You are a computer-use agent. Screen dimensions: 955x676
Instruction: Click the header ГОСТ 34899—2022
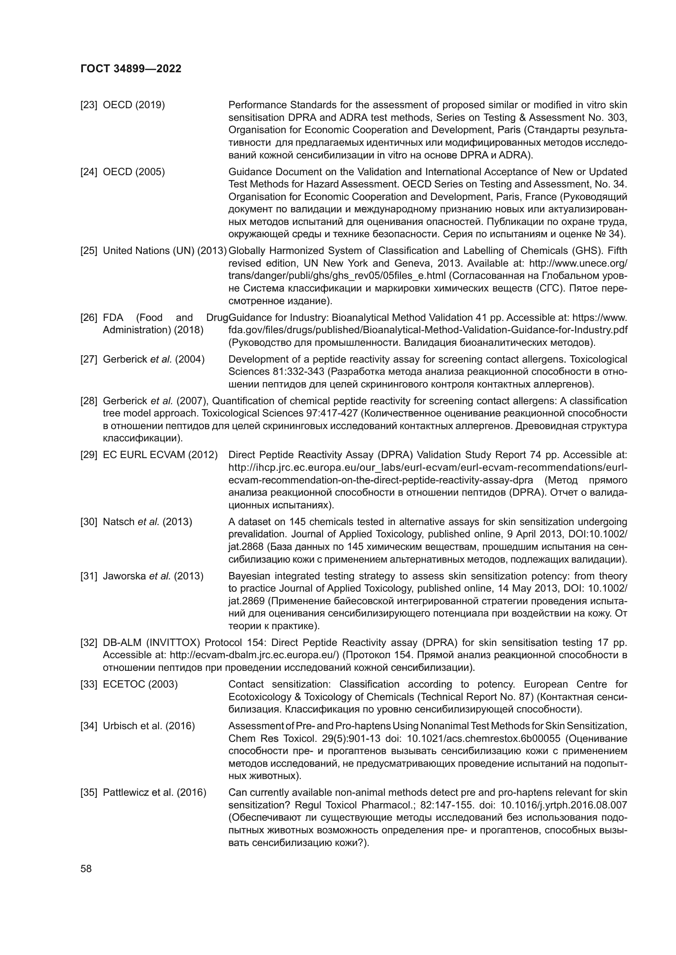pyautogui.click(x=131, y=69)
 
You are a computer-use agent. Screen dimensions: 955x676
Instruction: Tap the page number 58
pyautogui.click(x=86, y=869)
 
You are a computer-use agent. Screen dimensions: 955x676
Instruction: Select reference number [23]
pyautogui.click(x=89, y=105)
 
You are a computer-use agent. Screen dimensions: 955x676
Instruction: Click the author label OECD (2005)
pyautogui.click(x=134, y=172)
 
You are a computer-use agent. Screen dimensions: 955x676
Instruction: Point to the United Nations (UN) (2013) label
pyautogui.click(x=164, y=251)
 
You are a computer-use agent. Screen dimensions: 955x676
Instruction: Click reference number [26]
pyautogui.click(x=89, y=318)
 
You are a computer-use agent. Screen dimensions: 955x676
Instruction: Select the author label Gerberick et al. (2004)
pyautogui.click(x=154, y=359)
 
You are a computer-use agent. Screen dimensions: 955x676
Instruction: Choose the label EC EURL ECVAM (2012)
pyautogui.click(x=160, y=454)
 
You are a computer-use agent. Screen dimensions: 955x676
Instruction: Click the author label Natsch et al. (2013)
pyautogui.click(x=148, y=521)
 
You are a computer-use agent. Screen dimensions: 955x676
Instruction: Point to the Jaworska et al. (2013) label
pyautogui.click(x=153, y=576)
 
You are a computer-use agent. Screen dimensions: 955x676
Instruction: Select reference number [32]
pyautogui.click(x=89, y=643)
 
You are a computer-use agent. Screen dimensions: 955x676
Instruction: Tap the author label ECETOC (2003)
pyautogui.click(x=140, y=684)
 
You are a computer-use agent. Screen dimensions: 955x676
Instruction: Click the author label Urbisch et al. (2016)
pyautogui.click(x=149, y=726)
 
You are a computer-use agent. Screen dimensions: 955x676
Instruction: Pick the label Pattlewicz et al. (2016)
pyautogui.click(x=154, y=793)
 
